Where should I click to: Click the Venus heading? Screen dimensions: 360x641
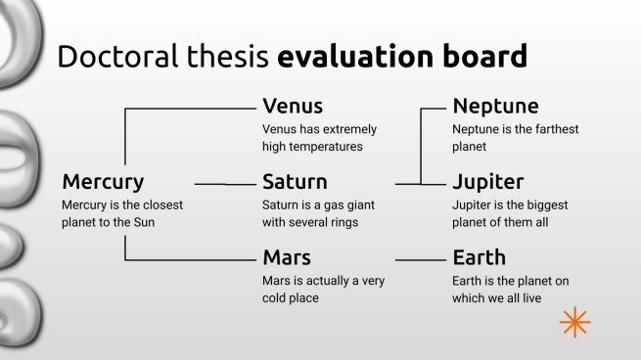click(293, 106)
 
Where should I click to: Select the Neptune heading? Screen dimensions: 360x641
click(495, 107)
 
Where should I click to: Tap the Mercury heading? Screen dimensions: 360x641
click(103, 182)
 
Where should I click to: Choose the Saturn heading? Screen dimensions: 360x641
click(295, 182)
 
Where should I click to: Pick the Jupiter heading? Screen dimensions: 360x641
click(488, 182)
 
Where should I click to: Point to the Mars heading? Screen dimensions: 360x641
click(287, 258)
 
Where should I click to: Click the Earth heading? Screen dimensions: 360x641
click(480, 258)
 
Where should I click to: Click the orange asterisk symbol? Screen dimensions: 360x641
click(574, 322)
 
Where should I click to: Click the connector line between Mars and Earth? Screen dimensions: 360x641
click(420, 260)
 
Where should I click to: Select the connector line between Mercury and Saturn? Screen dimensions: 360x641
click(224, 183)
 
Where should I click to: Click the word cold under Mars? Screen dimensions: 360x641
click(279, 298)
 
